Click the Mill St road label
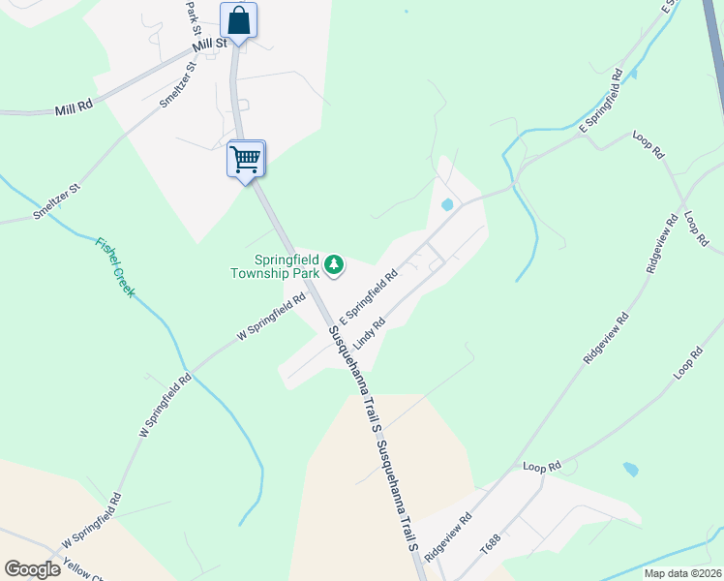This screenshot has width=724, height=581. pyautogui.click(x=209, y=44)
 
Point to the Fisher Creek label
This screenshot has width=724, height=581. pyautogui.click(x=114, y=266)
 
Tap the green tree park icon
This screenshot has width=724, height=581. pyautogui.click(x=334, y=264)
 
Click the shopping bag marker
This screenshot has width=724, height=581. pyautogui.click(x=238, y=21)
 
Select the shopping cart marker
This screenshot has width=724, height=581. pyautogui.click(x=246, y=158)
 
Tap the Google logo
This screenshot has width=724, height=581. pyautogui.click(x=32, y=569)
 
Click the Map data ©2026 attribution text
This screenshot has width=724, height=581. pyautogui.click(x=681, y=573)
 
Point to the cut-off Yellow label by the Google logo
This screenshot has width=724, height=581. pyautogui.click(x=82, y=570)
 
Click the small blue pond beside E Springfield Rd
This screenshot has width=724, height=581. pyautogui.click(x=446, y=205)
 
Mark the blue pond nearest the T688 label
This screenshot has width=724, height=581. pyautogui.click(x=631, y=470)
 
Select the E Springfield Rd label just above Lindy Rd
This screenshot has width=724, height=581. pyautogui.click(x=369, y=297)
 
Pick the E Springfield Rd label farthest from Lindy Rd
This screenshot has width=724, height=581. pyautogui.click(x=599, y=113)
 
